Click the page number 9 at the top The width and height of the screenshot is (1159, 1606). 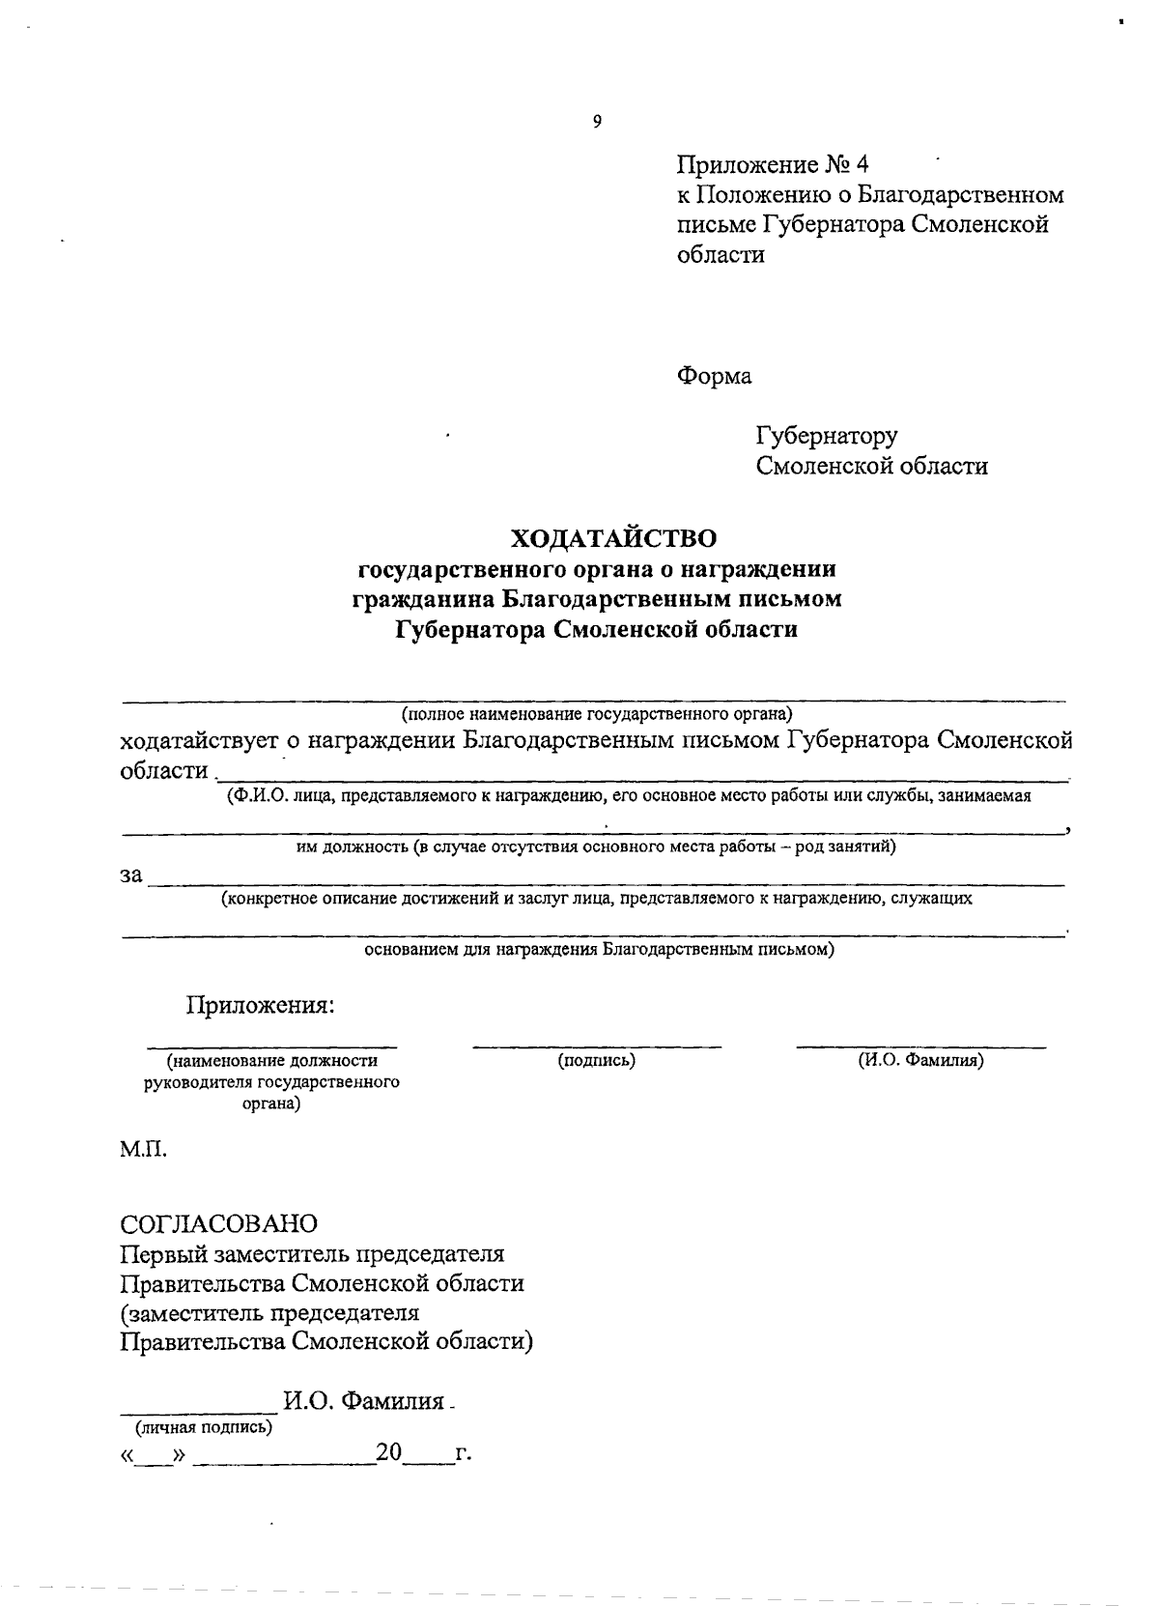[x=597, y=122]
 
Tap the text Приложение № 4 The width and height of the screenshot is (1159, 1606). [x=773, y=164]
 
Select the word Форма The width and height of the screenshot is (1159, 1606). [x=714, y=376]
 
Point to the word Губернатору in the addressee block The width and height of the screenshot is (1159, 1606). [x=827, y=436]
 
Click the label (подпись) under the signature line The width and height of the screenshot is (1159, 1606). [x=597, y=1060]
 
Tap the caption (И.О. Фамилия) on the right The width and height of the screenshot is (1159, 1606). [x=920, y=1060]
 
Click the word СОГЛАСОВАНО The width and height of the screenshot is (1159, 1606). [x=218, y=1224]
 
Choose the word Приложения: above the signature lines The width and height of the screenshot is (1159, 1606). [x=260, y=1005]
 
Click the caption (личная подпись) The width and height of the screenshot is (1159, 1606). [x=203, y=1426]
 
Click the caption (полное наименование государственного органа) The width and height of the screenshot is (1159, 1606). [x=597, y=714]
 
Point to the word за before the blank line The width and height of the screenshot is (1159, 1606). [x=131, y=876]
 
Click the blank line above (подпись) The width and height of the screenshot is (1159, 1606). [x=597, y=1047]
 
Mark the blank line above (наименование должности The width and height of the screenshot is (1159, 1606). [x=271, y=1047]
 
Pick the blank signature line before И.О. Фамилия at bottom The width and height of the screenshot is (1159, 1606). [x=198, y=1410]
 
